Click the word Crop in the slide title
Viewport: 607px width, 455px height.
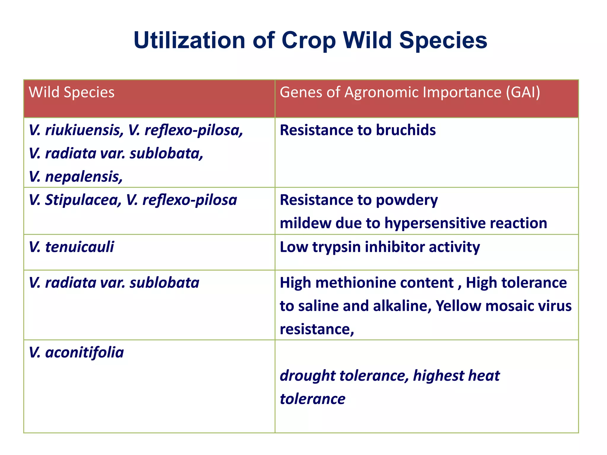(308, 41)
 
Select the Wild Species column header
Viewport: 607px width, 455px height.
(71, 92)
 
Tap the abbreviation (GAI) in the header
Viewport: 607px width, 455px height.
(523, 92)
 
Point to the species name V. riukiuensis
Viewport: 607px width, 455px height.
(76, 130)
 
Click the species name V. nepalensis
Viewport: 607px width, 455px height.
(76, 177)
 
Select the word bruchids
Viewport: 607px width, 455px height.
(406, 130)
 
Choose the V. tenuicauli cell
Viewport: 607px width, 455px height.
(71, 247)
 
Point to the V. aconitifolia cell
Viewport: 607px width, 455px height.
(76, 353)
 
